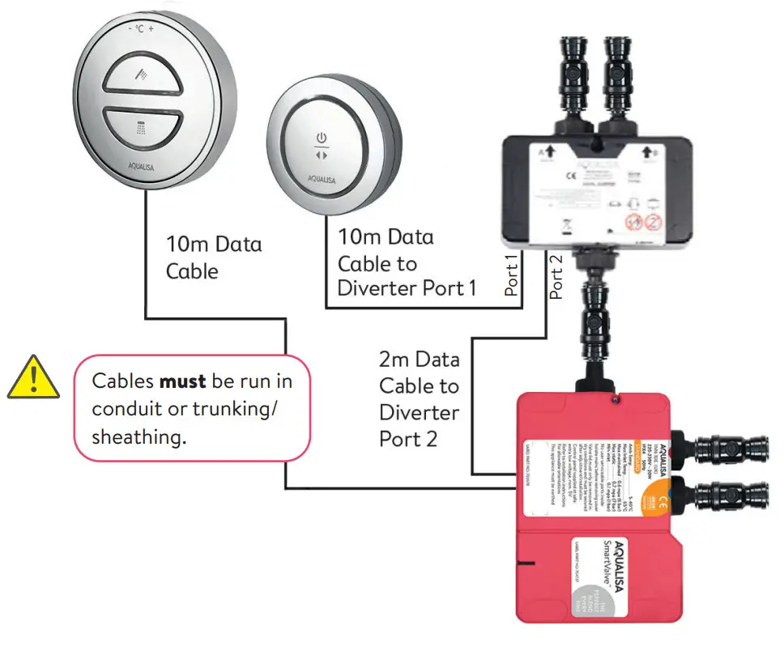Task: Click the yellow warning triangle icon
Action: click(x=32, y=380)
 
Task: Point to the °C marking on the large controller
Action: click(x=139, y=28)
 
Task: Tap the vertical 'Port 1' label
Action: click(x=511, y=275)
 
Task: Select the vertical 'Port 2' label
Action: click(x=556, y=275)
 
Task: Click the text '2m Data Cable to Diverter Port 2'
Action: click(x=419, y=399)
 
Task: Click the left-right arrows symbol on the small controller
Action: click(x=321, y=155)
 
